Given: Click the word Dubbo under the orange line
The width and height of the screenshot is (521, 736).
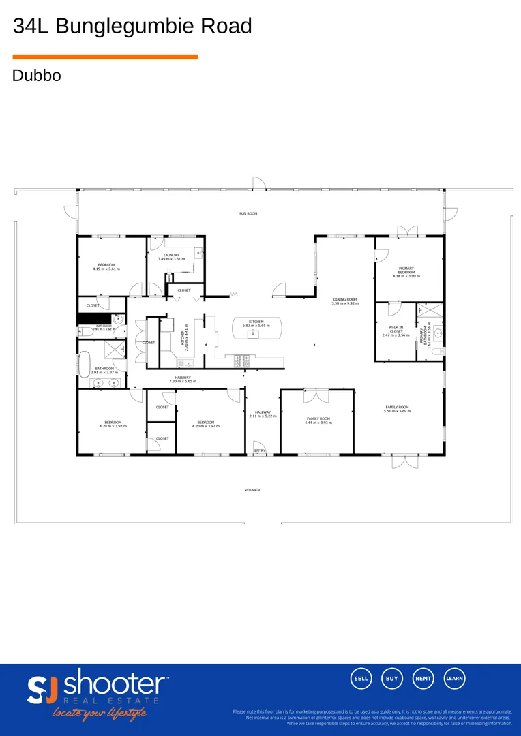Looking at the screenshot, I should (x=36, y=76).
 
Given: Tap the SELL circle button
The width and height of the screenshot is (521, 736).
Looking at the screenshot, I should (x=361, y=678).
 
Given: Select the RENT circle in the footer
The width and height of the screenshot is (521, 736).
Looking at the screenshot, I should (x=423, y=678).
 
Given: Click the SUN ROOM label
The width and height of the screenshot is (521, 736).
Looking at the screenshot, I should (x=248, y=214).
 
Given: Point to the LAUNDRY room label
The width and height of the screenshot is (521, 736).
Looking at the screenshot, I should (x=171, y=255).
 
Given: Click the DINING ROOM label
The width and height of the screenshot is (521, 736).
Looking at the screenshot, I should (x=344, y=300).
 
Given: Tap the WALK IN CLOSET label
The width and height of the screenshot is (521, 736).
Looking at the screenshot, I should (x=396, y=329).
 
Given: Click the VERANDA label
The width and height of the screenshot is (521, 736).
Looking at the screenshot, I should (x=252, y=490).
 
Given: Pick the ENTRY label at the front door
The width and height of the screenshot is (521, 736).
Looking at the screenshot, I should (x=259, y=450).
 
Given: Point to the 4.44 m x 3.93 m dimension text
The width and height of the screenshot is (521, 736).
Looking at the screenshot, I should (x=318, y=423).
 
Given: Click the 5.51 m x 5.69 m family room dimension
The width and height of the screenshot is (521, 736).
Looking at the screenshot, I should (x=397, y=411).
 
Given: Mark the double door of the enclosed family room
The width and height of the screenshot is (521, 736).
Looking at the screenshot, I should (x=316, y=395).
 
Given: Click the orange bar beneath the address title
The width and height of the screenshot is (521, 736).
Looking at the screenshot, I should (x=105, y=57).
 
